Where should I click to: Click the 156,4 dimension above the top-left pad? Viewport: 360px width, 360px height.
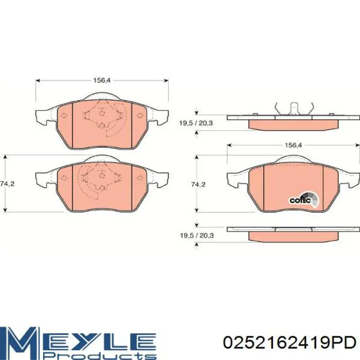pyautogui.click(x=102, y=81)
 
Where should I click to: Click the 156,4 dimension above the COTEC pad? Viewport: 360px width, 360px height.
pyautogui.click(x=293, y=145)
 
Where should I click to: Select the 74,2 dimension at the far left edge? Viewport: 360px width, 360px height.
pyautogui.click(x=8, y=184)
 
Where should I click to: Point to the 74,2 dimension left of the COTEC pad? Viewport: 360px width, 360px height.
pyautogui.click(x=199, y=184)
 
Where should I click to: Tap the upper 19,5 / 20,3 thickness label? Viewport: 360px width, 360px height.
pyautogui.click(x=196, y=123)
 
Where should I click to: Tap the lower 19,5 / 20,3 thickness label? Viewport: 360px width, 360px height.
pyautogui.click(x=197, y=236)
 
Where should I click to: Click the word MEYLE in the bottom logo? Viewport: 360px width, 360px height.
pyautogui.click(x=78, y=340)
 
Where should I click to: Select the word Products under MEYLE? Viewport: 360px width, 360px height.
pyautogui.click(x=99, y=356)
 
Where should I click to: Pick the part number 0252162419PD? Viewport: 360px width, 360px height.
pyautogui.click(x=290, y=343)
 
